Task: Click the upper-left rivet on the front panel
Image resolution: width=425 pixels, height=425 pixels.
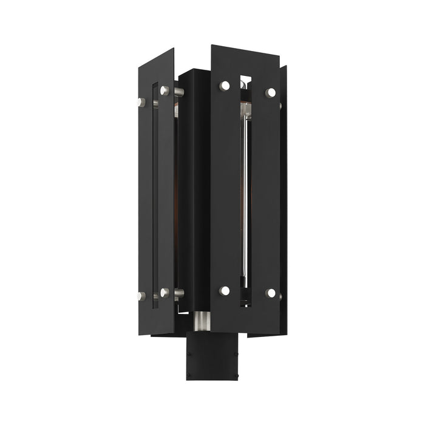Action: coord(225,86)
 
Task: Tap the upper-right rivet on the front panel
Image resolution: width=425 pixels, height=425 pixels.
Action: coord(270,92)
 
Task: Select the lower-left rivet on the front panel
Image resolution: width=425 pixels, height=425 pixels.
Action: coord(225,290)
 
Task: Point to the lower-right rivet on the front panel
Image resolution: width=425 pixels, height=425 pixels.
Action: coord(270,293)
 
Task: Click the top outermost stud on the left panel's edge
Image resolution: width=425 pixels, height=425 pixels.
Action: coord(141,102)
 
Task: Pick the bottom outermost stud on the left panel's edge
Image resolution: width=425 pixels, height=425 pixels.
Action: coord(141,296)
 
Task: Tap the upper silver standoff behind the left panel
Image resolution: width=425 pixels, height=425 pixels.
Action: coord(178,92)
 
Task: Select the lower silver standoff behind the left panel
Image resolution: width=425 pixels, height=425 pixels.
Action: coord(178,293)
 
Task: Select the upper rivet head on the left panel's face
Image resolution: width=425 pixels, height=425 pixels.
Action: coord(165,91)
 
